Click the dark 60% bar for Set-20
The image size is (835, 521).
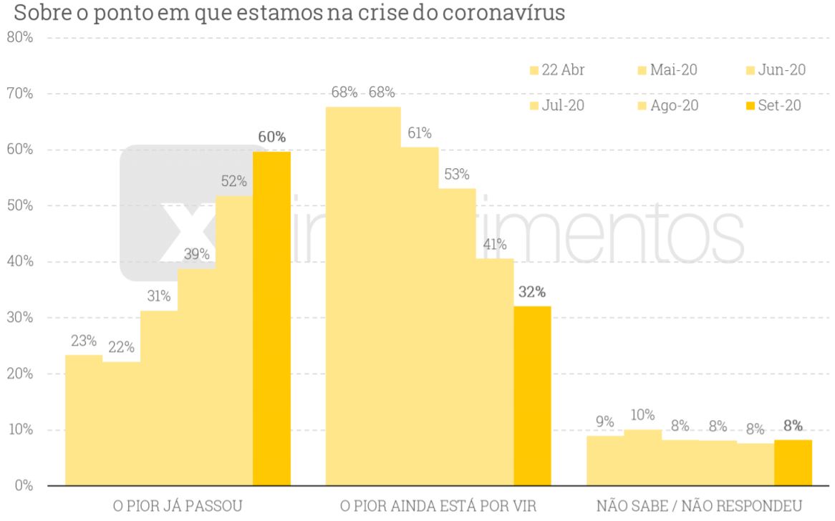point(271,318)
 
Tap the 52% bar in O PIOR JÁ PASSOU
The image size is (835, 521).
point(234,341)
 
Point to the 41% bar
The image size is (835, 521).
point(495,372)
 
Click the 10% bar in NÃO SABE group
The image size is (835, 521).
point(642,458)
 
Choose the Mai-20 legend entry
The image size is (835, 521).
point(667,70)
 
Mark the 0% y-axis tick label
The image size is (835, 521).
point(24,486)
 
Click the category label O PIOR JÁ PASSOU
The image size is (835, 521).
point(178,506)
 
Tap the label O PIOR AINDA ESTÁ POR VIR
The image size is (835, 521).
point(438,506)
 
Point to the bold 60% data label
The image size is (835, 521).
point(271,137)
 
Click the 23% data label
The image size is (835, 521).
point(84,341)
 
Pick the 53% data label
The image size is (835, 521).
point(456,175)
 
